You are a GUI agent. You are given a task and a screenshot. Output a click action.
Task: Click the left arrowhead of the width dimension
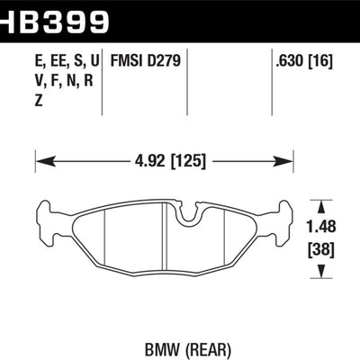pyautogui.click(x=40, y=162)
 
